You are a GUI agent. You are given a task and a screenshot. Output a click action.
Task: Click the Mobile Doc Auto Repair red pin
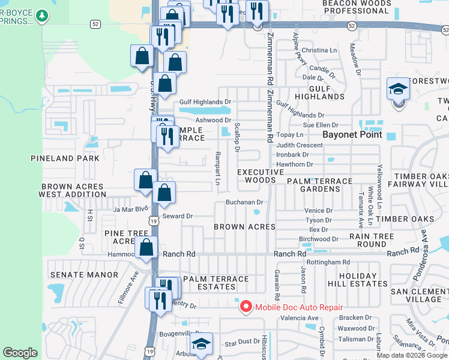[x=246, y=307]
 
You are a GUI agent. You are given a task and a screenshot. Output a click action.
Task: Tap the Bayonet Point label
[x=352, y=134]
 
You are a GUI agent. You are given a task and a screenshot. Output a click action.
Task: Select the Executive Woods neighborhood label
[x=260, y=176]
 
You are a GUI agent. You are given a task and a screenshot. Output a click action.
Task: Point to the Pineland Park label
[x=64, y=159]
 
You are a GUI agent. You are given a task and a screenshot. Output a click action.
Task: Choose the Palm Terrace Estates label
[x=216, y=283]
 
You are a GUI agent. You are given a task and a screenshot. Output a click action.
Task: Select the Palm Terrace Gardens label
[x=320, y=185]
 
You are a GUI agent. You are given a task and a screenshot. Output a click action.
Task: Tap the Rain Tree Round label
[x=372, y=240]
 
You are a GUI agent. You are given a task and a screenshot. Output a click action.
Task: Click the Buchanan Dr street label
[x=245, y=203]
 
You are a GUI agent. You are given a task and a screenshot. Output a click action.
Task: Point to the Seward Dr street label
[x=177, y=216]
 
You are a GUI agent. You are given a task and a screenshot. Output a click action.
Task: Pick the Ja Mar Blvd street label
[x=130, y=209]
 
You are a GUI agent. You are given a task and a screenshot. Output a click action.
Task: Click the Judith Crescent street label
[x=300, y=145]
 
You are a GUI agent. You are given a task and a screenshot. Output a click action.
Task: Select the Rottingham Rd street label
[x=328, y=263]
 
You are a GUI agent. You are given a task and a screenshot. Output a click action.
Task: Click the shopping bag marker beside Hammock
[x=146, y=247]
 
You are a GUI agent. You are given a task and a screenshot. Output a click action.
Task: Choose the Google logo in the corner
[x=20, y=353]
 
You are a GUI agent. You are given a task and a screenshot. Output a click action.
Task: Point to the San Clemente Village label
[x=420, y=295]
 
